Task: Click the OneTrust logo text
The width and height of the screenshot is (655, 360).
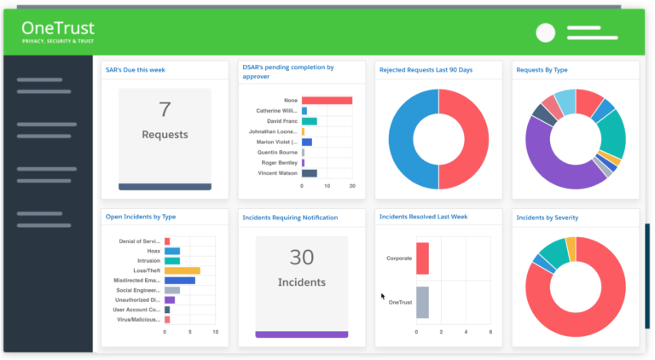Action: point(58,28)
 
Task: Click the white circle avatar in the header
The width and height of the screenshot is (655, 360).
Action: point(545,32)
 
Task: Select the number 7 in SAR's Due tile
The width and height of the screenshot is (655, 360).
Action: point(165,109)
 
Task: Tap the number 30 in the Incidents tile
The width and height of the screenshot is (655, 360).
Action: point(302,257)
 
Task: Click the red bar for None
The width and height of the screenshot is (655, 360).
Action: point(327,100)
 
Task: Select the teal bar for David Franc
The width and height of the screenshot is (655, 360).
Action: point(309,121)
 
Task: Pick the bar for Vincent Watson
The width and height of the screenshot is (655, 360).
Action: point(309,173)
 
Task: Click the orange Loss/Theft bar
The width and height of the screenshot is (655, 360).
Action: point(183,270)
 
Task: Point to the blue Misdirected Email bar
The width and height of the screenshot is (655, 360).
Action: point(180,280)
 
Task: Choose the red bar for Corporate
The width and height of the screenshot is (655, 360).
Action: point(422,258)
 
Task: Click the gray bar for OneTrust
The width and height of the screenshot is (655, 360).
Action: point(422,302)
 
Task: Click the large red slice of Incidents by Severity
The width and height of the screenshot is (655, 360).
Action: point(588,299)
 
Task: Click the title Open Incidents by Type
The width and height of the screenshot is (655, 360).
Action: point(141,217)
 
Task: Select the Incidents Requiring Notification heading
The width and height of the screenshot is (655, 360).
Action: point(290,218)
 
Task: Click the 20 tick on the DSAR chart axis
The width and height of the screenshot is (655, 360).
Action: point(352,185)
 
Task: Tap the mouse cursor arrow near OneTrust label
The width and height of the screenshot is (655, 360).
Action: point(384,296)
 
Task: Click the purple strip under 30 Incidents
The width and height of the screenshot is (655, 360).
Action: point(302,334)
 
